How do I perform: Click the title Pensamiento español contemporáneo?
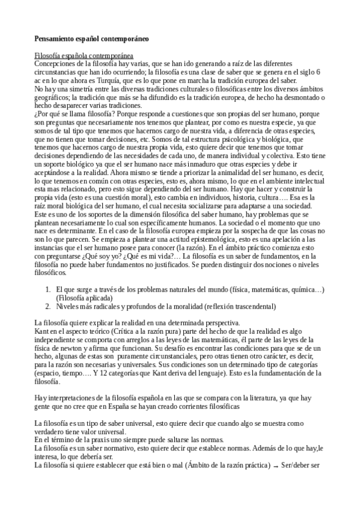click(92, 38)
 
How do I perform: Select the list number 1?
click(48, 290)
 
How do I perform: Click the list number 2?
click(48, 306)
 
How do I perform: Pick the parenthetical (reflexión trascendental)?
click(240, 306)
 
